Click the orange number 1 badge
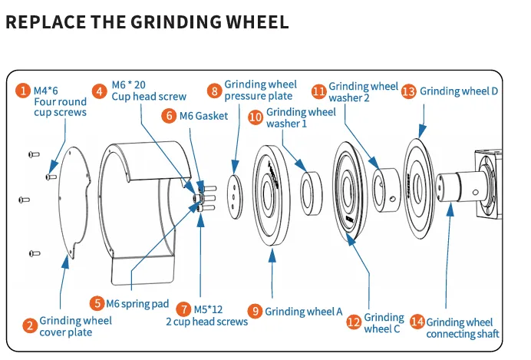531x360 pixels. [x=23, y=91]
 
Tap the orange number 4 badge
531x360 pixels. [x=100, y=91]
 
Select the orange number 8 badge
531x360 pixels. [x=215, y=91]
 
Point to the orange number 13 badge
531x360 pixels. [x=409, y=91]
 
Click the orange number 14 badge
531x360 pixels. [x=417, y=322]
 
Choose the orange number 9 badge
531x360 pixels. [x=256, y=311]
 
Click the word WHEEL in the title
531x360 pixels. [x=257, y=22]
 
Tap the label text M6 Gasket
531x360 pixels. [x=203, y=116]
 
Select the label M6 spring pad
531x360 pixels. [x=137, y=304]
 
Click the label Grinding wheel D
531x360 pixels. [x=459, y=91]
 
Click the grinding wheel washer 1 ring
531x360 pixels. [x=312, y=193]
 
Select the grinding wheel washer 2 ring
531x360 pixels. [x=387, y=190]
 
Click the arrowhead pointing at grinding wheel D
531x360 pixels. [x=422, y=131]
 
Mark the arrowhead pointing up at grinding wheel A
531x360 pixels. [x=272, y=256]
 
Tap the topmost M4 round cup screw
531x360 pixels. [x=34, y=154]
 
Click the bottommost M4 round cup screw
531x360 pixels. [x=35, y=253]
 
